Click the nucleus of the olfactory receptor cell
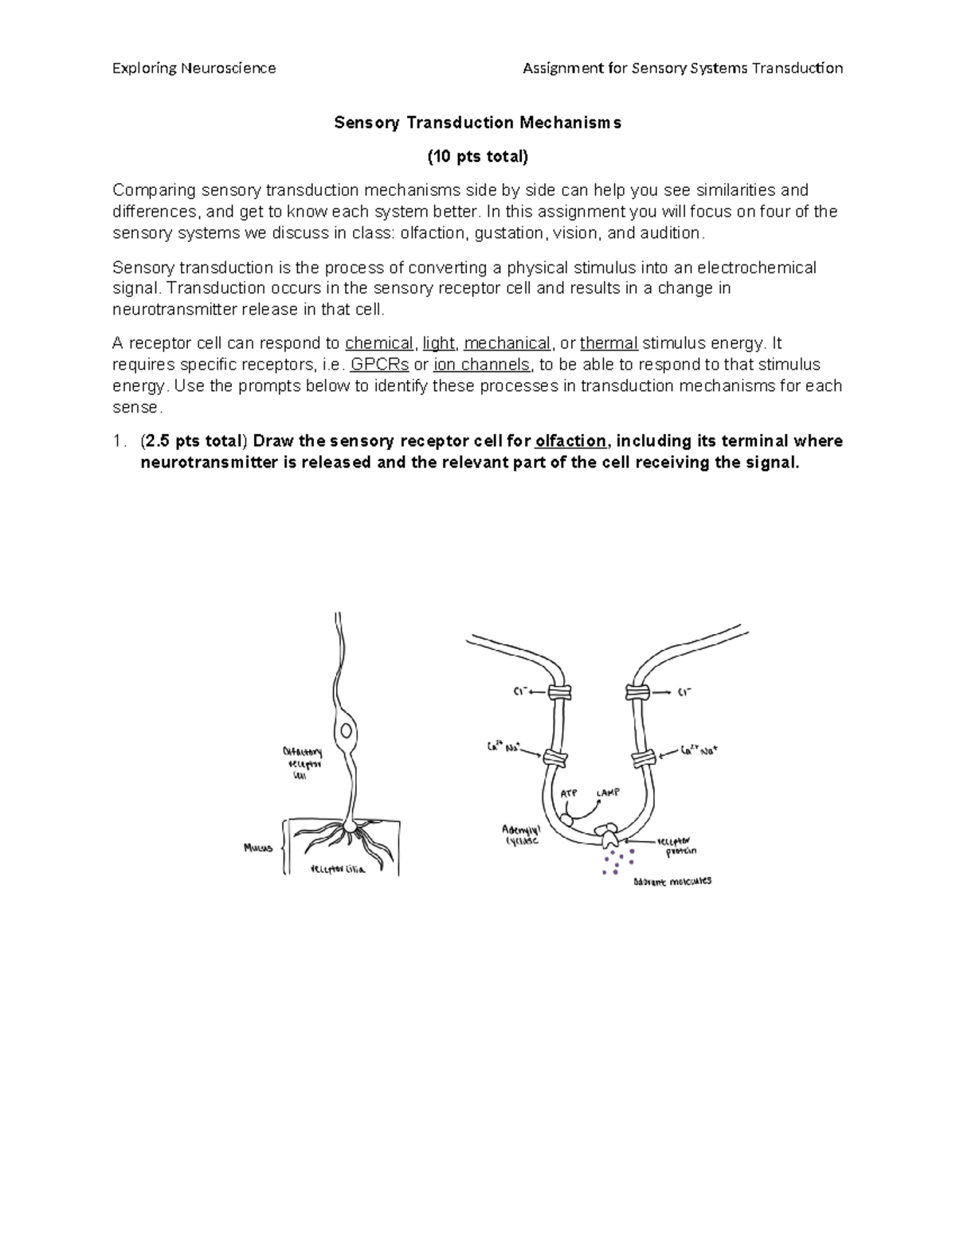click(347, 730)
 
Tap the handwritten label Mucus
click(258, 848)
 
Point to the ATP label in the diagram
click(568, 793)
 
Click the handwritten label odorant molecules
click(672, 882)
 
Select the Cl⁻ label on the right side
click(684, 693)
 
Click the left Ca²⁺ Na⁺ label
click(503, 747)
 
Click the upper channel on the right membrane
click(637, 692)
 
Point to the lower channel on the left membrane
click(554, 757)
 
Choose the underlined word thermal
click(609, 343)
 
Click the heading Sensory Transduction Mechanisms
click(477, 123)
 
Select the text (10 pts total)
click(477, 156)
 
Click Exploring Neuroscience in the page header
click(194, 69)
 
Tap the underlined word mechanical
click(507, 343)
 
